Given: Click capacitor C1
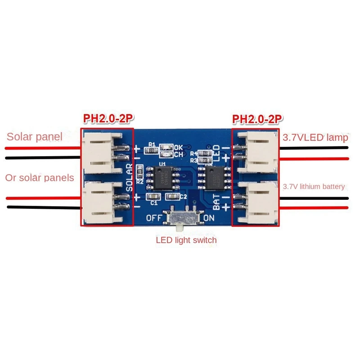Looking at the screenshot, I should tap(153, 197).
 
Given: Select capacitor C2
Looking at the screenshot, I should tap(171, 197).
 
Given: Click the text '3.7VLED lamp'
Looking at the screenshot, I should tap(315, 137).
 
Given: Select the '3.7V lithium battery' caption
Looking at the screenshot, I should tap(314, 186).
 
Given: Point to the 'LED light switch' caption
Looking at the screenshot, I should tap(186, 240).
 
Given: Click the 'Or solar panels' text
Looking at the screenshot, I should tap(40, 178).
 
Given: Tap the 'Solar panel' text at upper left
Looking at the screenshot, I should tap(35, 136).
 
